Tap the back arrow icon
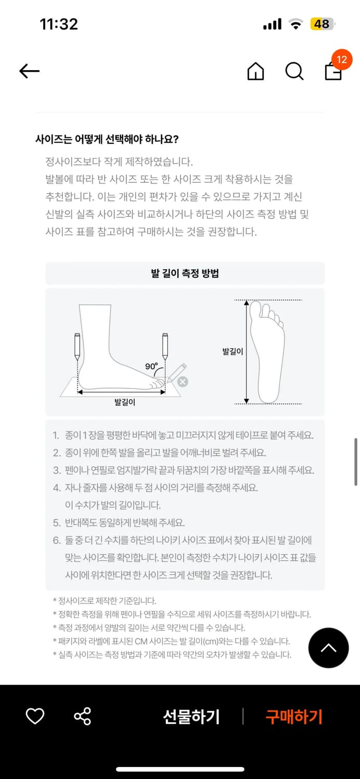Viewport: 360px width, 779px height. click(x=29, y=71)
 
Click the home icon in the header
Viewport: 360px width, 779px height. click(x=256, y=71)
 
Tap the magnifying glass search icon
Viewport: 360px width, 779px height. click(x=294, y=71)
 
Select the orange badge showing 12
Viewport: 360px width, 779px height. click(x=342, y=60)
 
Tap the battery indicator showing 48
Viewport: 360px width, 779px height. click(x=322, y=24)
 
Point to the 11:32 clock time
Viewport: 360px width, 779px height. click(x=59, y=24)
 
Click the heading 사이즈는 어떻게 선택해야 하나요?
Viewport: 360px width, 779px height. click(x=107, y=140)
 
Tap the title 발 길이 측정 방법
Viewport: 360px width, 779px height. click(x=185, y=273)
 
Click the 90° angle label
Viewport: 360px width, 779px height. click(x=151, y=366)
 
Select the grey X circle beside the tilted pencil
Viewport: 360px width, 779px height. click(x=183, y=382)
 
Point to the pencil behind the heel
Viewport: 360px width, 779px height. click(x=77, y=347)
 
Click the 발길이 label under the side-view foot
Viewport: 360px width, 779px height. click(x=125, y=402)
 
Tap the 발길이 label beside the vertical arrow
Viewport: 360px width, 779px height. click(x=233, y=351)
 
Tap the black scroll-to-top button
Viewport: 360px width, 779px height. click(x=328, y=648)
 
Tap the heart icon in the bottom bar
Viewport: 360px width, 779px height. click(x=35, y=716)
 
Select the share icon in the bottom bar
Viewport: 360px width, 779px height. click(x=83, y=716)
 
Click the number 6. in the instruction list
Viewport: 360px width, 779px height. click(x=57, y=540)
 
